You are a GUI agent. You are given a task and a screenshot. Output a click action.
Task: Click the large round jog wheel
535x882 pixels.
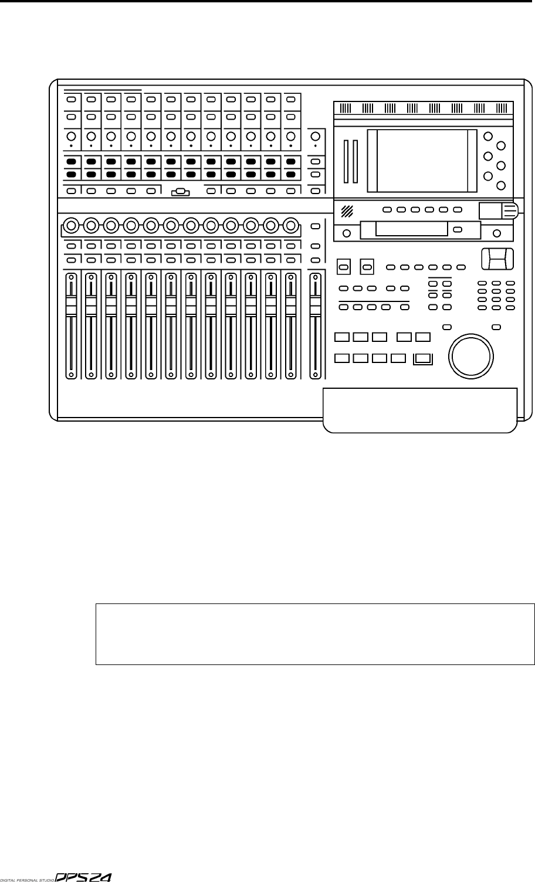tap(470, 354)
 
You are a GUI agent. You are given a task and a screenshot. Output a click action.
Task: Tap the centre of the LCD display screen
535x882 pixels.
tap(422, 161)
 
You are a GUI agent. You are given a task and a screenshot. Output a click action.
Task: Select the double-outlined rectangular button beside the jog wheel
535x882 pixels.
tap(422, 359)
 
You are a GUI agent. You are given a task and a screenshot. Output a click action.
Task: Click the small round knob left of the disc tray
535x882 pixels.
tap(347, 233)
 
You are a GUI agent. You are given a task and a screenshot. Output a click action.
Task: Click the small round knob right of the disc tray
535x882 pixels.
tap(497, 233)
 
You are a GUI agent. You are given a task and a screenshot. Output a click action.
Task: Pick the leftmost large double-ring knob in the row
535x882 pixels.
tap(71, 224)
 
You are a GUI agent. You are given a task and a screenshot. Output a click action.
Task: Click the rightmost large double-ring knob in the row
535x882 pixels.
tap(290, 224)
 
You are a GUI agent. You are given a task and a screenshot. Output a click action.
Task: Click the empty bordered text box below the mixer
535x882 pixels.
tap(315, 634)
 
